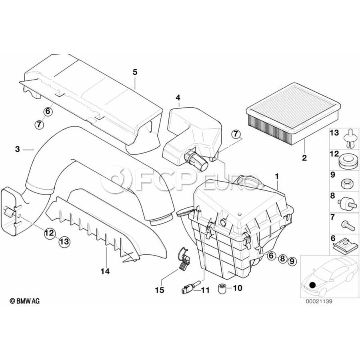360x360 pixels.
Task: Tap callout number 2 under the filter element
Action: [304, 158]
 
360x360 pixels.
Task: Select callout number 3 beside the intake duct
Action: [17, 149]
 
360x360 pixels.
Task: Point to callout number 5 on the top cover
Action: [135, 72]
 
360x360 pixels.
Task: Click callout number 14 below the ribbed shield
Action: [105, 271]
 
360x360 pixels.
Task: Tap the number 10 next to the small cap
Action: [237, 288]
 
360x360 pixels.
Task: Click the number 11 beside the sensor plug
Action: [205, 290]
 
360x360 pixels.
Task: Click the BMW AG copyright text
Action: [25, 301]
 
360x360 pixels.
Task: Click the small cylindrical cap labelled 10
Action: [223, 288]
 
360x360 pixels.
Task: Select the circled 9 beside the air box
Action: [292, 261]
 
